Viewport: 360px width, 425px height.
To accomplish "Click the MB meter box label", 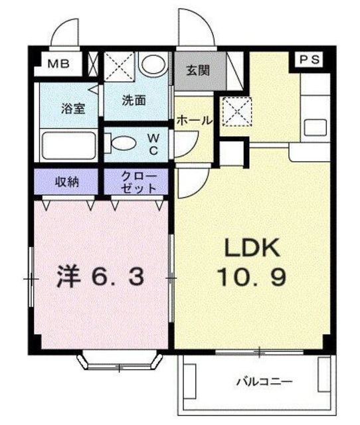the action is coord(58,64).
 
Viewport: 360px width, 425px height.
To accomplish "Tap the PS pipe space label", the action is coord(310,59).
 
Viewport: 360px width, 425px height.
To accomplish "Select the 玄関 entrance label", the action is coord(198,70).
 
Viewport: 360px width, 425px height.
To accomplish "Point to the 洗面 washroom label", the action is coord(134,100).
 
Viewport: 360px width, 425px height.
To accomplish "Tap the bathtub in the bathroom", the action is coord(69,145).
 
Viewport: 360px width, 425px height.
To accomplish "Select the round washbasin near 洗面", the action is coord(153,65).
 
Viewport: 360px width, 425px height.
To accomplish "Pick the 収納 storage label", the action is coord(66,181).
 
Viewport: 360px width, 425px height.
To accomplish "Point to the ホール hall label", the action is coord(195,121).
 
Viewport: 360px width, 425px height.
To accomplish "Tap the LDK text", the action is coord(252,248).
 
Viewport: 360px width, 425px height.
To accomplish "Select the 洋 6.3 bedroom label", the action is coord(100,277).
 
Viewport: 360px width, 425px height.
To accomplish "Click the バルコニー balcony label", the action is coord(264,382).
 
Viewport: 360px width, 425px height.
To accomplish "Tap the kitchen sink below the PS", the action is coord(315,127).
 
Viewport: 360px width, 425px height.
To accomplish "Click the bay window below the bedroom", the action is coord(120,361).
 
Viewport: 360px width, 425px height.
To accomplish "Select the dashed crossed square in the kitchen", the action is coord(237,111).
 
